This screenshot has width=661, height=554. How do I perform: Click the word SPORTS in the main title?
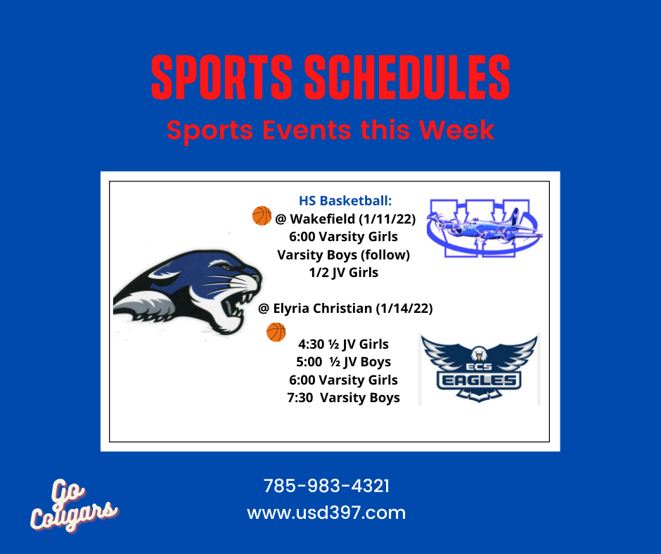(x=222, y=77)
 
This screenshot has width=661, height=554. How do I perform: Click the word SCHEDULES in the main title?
(x=407, y=77)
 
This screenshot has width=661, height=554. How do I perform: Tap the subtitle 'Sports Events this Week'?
(x=330, y=130)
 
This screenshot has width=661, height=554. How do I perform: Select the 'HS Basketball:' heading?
(x=345, y=200)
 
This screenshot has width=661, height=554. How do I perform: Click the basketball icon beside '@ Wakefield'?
(x=262, y=216)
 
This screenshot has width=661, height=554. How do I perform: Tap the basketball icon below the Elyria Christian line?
(x=276, y=332)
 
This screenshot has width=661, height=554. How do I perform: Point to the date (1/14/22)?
(x=404, y=309)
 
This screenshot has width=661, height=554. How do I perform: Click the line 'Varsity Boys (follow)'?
(x=344, y=255)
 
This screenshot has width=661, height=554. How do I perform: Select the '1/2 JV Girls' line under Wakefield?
(x=344, y=273)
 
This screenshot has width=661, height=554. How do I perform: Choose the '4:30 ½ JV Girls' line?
(x=344, y=344)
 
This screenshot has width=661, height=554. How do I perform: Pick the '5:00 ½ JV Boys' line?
(x=344, y=362)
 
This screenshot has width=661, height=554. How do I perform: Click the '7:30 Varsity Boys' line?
(x=344, y=398)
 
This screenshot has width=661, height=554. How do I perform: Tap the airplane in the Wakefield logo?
(x=484, y=228)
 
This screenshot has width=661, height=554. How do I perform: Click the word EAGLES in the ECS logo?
(x=480, y=381)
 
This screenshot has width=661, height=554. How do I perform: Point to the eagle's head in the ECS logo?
(x=479, y=354)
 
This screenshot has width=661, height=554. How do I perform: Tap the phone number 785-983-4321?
(x=326, y=486)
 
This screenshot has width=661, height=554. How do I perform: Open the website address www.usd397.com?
(x=326, y=513)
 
